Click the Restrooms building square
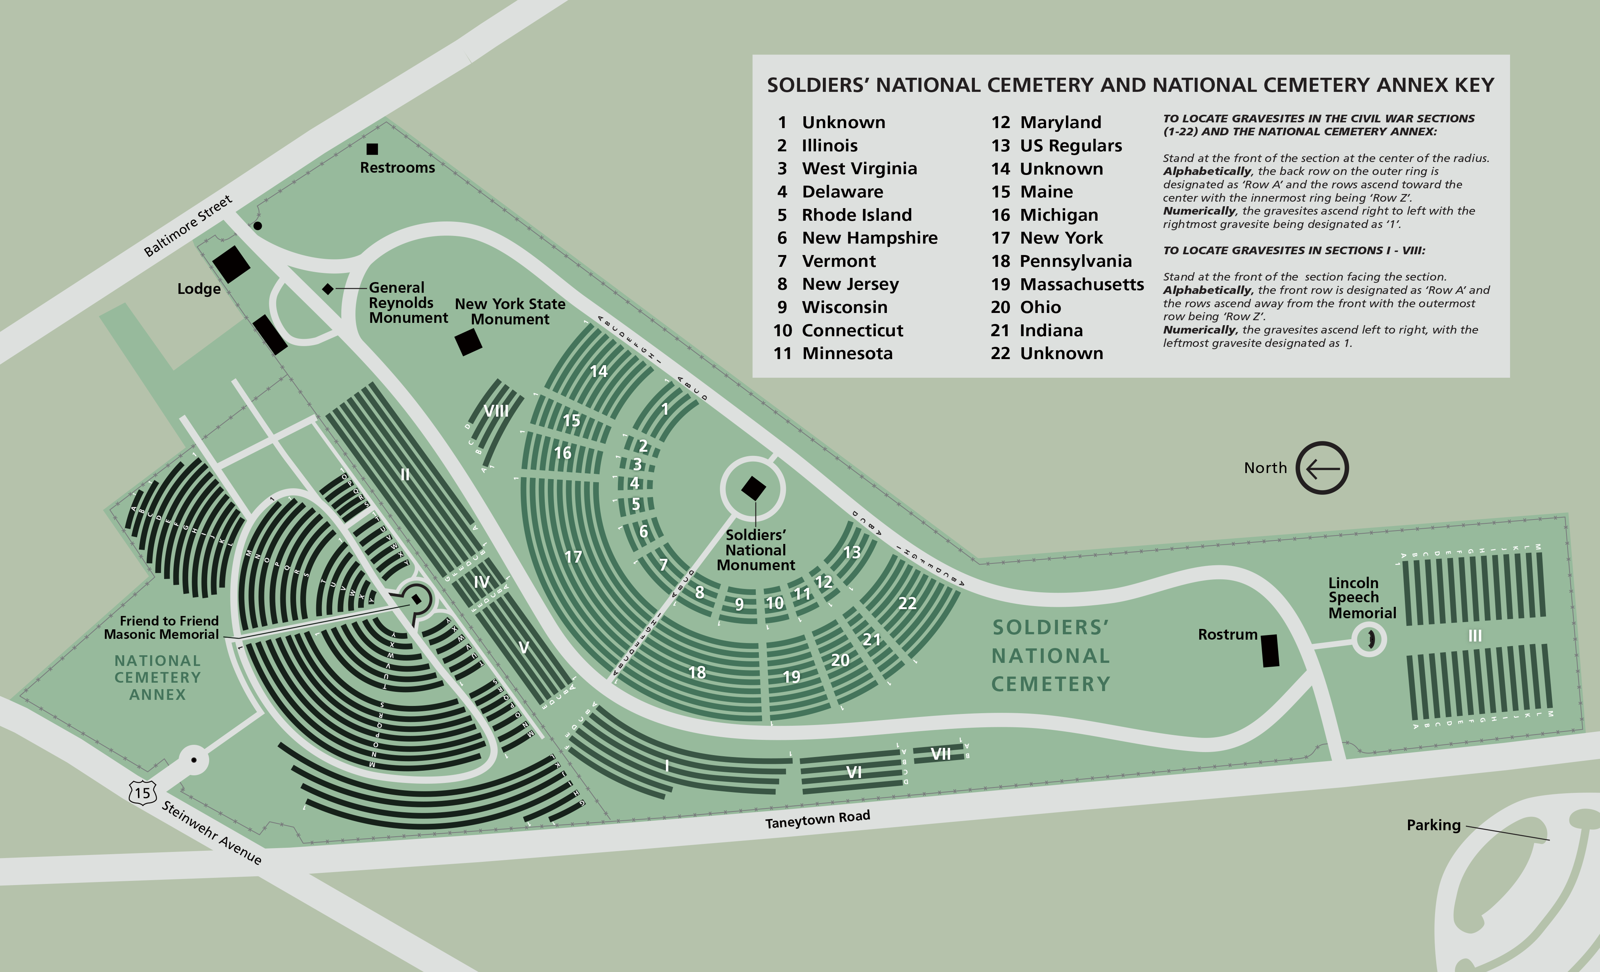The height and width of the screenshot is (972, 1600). [372, 149]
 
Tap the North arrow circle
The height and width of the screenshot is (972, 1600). [1322, 468]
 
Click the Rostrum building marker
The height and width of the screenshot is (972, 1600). [1270, 650]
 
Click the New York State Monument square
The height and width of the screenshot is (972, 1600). [468, 342]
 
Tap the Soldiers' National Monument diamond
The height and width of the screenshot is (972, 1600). [753, 488]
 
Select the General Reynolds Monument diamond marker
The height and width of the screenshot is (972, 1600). [328, 289]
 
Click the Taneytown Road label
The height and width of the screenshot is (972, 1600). [818, 819]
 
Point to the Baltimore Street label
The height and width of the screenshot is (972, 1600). [188, 225]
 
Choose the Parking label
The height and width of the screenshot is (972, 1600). [1433, 825]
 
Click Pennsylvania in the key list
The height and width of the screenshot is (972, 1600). [1075, 261]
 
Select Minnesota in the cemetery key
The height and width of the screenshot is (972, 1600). [847, 353]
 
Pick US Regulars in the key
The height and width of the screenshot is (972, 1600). [1071, 146]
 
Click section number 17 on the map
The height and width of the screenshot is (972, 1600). [573, 557]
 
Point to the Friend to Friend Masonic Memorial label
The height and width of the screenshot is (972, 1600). [162, 628]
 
